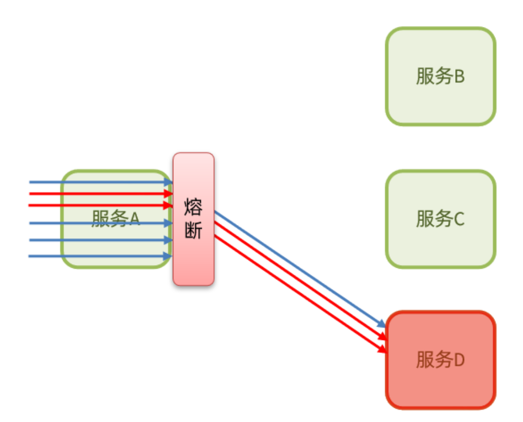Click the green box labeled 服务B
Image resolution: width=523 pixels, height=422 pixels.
pyautogui.click(x=440, y=76)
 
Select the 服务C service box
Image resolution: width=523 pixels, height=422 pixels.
pyautogui.click(x=440, y=219)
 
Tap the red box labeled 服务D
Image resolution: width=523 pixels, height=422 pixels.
pyautogui.click(x=440, y=360)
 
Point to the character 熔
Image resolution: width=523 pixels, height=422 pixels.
pyautogui.click(x=193, y=208)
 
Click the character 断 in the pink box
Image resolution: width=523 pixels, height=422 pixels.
pyautogui.click(x=193, y=231)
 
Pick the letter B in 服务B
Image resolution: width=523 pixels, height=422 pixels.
pyautogui.click(x=459, y=77)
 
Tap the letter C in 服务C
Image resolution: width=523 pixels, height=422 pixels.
pyautogui.click(x=459, y=219)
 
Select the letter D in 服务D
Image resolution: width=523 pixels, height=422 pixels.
pyautogui.click(x=459, y=360)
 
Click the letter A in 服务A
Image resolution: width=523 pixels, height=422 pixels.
pyautogui.click(x=135, y=218)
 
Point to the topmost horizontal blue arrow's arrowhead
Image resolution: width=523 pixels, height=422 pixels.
pyautogui.click(x=168, y=182)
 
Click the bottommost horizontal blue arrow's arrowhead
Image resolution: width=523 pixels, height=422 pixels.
pyautogui.click(x=168, y=256)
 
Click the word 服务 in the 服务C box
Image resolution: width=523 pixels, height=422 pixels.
pyautogui.click(x=434, y=219)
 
